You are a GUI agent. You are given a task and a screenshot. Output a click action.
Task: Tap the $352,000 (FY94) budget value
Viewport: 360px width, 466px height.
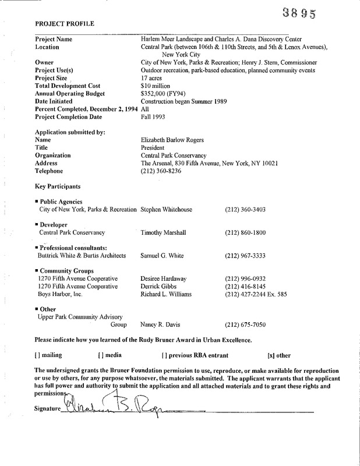point(164,93)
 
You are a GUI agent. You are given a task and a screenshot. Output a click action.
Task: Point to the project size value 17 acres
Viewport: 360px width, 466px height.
point(152,78)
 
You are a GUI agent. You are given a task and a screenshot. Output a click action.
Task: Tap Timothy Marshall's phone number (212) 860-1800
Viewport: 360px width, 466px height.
point(245,232)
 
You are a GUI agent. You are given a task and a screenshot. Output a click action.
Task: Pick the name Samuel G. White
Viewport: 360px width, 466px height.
point(163,256)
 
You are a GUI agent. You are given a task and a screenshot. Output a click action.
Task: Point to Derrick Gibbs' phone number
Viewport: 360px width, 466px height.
point(245,287)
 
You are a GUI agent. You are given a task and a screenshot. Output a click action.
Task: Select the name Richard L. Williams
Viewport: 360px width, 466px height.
point(169,294)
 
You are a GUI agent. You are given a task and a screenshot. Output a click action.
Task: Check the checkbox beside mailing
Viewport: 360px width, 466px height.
point(37,355)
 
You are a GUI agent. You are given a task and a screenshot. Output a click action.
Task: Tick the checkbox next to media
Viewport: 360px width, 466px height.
point(101,355)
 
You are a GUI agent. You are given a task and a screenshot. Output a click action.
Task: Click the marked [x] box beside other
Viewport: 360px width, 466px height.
point(270,355)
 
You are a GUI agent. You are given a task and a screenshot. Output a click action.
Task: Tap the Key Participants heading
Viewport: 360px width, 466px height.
point(58,186)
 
